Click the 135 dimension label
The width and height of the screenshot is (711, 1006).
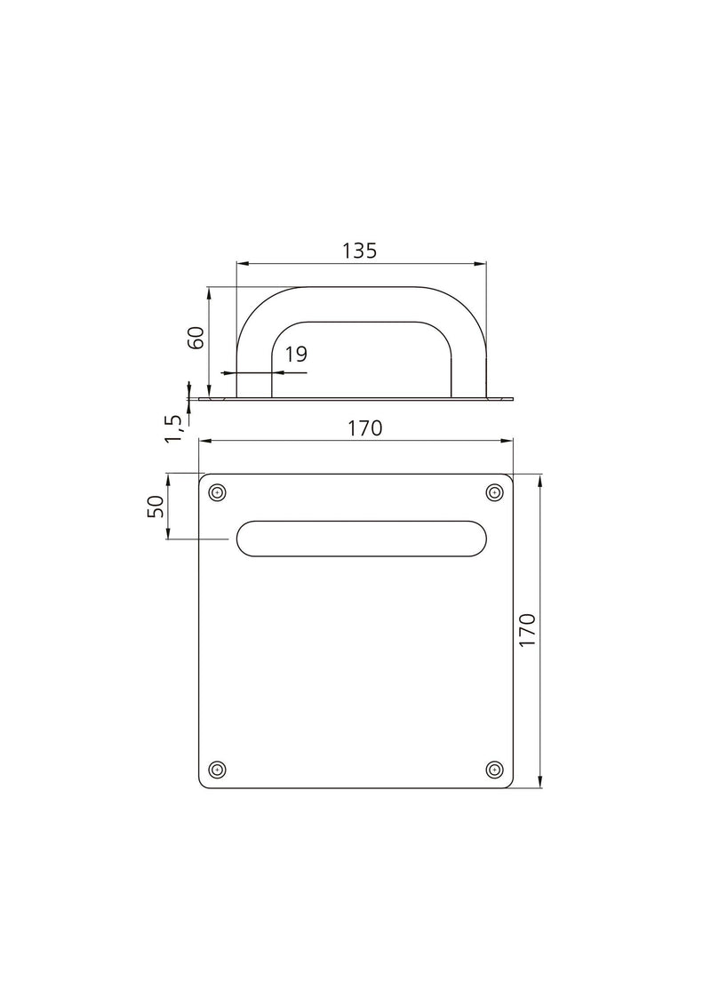coord(360,251)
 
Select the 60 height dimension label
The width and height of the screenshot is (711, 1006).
coord(196,338)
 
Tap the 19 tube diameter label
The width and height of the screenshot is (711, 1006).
coord(296,355)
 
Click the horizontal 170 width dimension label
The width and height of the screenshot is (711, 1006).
coord(363,427)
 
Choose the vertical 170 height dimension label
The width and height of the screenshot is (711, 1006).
coord(526,630)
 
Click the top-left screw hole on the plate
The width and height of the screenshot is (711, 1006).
coord(217,492)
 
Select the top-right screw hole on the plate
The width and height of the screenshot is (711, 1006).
coord(495,492)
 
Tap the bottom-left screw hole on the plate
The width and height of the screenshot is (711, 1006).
coord(217,769)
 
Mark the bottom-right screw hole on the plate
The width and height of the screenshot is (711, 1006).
coord(495,769)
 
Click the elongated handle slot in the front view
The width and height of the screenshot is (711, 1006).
coord(360,539)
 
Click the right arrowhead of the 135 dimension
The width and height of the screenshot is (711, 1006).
coord(483,263)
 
